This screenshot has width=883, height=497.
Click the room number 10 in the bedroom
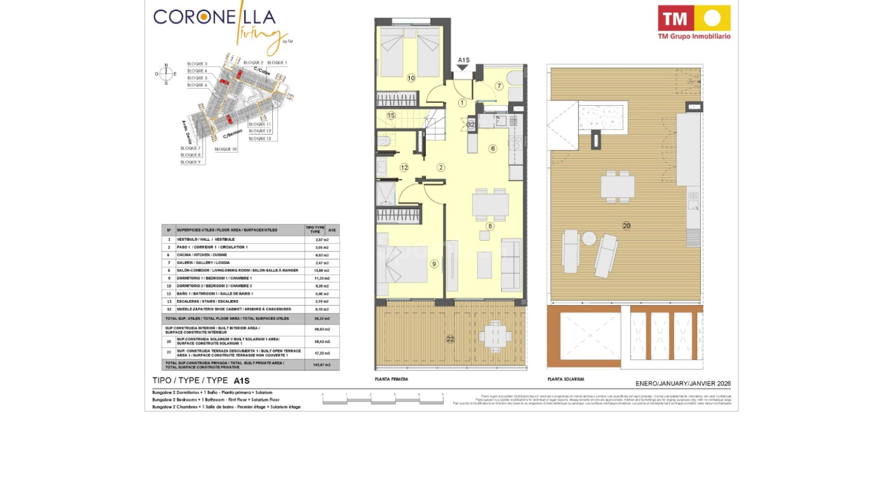[x=411, y=78]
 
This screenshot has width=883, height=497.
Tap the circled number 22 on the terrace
[x=450, y=339]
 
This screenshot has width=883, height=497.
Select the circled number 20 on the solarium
[x=626, y=225]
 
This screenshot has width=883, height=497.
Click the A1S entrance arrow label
[x=464, y=60]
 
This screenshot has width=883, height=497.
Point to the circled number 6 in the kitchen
[x=493, y=149]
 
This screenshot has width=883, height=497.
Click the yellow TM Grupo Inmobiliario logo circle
[x=712, y=18]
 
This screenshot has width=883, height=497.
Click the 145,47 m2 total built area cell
[x=322, y=365]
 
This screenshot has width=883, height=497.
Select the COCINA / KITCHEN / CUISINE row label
[x=201, y=255]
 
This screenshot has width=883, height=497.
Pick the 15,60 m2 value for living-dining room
[x=322, y=271]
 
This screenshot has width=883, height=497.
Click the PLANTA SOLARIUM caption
[x=566, y=379]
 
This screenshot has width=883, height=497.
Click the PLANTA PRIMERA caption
[x=391, y=379]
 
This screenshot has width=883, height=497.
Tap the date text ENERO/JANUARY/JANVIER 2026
[x=683, y=383]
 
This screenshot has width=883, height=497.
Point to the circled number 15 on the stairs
[x=391, y=116]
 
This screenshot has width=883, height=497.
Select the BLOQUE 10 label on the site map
[x=225, y=149]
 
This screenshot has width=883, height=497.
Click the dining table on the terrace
[x=495, y=336]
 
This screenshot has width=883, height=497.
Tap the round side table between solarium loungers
[x=589, y=238]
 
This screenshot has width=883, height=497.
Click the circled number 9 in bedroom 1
[x=434, y=264]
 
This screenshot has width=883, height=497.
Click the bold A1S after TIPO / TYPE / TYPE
[x=241, y=381]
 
